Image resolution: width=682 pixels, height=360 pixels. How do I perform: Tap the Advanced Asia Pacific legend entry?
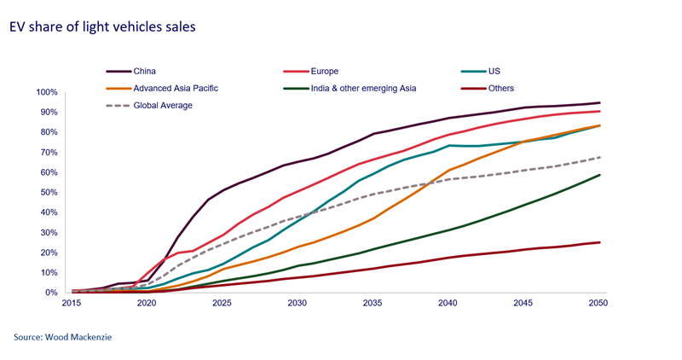pyautogui.click(x=176, y=88)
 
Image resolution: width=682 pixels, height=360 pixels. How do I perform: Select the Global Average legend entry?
pyautogui.click(x=162, y=105)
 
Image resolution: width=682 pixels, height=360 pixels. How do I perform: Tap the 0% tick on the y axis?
pyautogui.click(x=50, y=293)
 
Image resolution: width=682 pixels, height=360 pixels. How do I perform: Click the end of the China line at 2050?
pyautogui.click(x=599, y=102)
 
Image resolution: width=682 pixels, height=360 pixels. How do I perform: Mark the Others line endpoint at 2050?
pyautogui.click(x=599, y=242)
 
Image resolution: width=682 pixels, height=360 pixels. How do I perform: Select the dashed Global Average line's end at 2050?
pyautogui.click(x=599, y=157)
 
